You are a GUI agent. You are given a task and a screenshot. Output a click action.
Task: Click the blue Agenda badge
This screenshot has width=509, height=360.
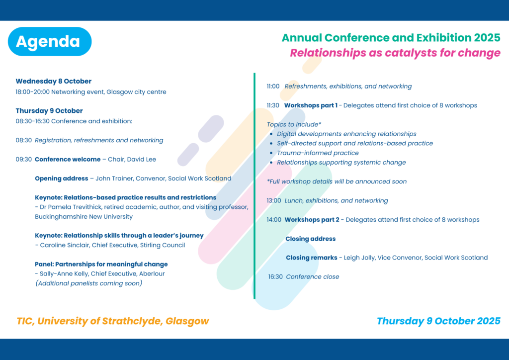pyautogui.click(x=50, y=42)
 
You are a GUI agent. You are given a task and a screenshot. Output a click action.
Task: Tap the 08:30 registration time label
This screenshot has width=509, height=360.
pyautogui.click(x=24, y=140)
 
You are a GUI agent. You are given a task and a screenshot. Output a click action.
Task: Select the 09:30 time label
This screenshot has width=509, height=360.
pyautogui.click(x=24, y=160)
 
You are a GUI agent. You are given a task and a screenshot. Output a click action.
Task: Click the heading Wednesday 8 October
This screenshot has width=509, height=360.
pyautogui.click(x=54, y=81)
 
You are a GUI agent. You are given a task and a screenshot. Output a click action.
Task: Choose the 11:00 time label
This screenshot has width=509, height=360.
pyautogui.click(x=273, y=87)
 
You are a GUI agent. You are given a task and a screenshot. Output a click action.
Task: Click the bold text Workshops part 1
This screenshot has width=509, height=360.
pyautogui.click(x=311, y=105)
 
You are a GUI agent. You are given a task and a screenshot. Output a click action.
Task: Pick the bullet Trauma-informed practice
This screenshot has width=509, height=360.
pyautogui.click(x=318, y=153)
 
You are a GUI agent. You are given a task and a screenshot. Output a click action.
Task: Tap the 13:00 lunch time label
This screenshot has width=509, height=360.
pyautogui.click(x=274, y=200)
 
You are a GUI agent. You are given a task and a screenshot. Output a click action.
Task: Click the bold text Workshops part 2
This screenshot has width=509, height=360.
pyautogui.click(x=312, y=220)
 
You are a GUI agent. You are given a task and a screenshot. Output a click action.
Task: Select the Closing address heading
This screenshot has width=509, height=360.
pyautogui.click(x=311, y=239)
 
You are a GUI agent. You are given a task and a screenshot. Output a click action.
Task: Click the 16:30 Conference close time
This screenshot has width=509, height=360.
pyautogui.click(x=275, y=277)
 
